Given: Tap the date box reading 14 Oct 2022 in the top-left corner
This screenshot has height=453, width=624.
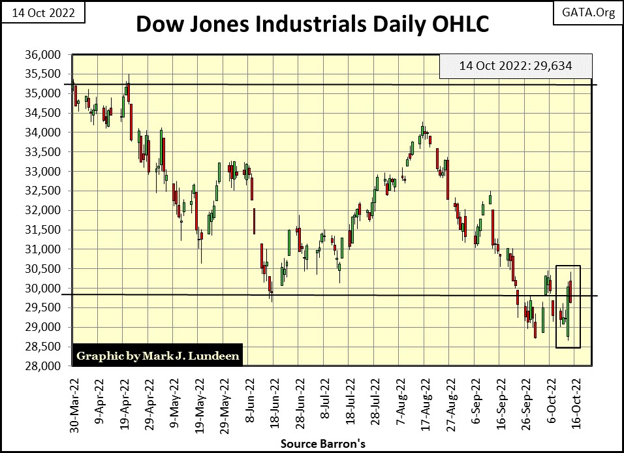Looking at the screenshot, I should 43,13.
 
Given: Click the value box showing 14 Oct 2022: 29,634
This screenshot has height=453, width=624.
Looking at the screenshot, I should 516,66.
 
